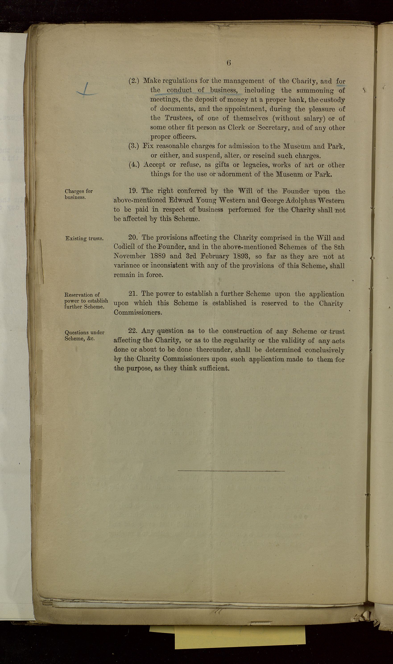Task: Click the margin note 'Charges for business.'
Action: click(x=79, y=194)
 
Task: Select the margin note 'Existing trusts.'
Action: click(x=85, y=238)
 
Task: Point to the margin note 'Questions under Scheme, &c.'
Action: click(x=85, y=335)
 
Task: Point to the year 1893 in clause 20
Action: click(x=240, y=256)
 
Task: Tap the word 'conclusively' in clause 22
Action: click(x=325, y=350)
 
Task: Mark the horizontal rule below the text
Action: click(x=231, y=471)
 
